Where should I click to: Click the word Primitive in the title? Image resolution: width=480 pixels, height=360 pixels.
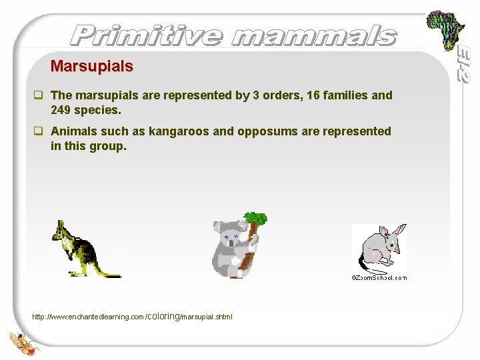147,35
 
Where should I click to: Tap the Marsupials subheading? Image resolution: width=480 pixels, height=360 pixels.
92,67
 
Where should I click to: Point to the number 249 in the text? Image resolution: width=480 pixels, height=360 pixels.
62,109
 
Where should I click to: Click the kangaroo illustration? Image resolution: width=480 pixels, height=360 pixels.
77,249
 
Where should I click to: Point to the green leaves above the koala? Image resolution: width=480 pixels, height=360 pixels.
255,217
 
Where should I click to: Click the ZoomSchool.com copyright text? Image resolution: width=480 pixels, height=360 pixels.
379,277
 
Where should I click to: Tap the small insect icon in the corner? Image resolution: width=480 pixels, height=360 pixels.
21,341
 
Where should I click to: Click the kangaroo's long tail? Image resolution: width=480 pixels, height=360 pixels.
107,273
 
